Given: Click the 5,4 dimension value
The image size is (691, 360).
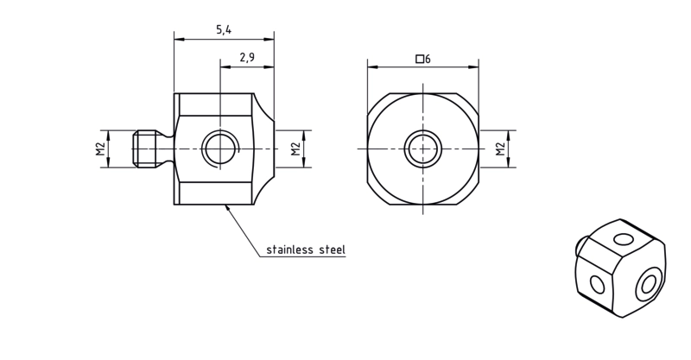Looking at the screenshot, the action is click(224, 30).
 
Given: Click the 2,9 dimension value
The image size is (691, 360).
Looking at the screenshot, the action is click(247, 57).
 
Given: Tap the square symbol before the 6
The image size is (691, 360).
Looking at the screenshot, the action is click(420, 59).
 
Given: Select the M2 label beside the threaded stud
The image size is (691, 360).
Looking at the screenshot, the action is click(101, 149).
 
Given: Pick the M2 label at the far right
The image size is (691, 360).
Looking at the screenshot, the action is click(500, 149).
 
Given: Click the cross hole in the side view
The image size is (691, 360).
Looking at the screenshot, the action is click(220, 149).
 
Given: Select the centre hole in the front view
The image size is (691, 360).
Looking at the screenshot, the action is click(423, 149).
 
